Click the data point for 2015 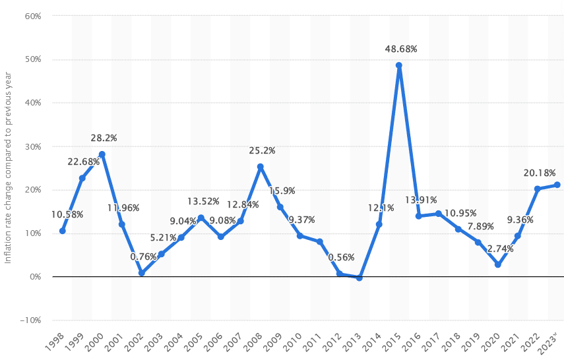click(398, 65)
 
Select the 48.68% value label click(402, 49)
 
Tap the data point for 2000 click(102, 154)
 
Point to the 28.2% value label click(104, 138)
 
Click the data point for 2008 click(261, 167)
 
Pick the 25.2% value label click(262, 150)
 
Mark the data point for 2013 click(360, 278)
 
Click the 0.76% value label click(143, 256)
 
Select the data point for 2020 click(498, 264)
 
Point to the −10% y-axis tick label click(30, 320)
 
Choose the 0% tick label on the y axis click(35, 277)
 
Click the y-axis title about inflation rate click(9, 167)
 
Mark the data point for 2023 click(557, 185)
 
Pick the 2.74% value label click(501, 249)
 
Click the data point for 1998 click(62, 231)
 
